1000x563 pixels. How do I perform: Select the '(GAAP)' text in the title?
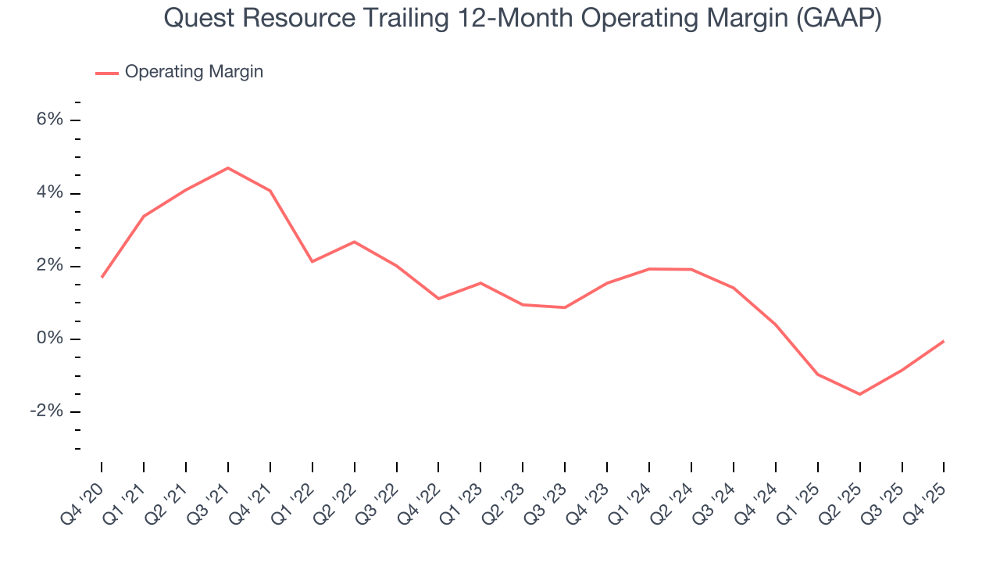pyautogui.click(x=838, y=19)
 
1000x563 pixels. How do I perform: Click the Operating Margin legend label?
pyautogui.click(x=194, y=72)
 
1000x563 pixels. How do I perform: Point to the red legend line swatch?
pyautogui.click(x=106, y=73)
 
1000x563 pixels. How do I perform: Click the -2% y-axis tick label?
pyautogui.click(x=45, y=412)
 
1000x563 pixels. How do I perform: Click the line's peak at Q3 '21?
pyautogui.click(x=228, y=168)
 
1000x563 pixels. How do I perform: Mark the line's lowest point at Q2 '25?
pyautogui.click(x=859, y=394)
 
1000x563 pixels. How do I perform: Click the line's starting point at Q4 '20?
pyautogui.click(x=102, y=277)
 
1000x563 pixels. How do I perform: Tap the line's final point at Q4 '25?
pyautogui.click(x=944, y=341)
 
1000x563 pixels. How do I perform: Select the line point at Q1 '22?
pyautogui.click(x=312, y=261)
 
